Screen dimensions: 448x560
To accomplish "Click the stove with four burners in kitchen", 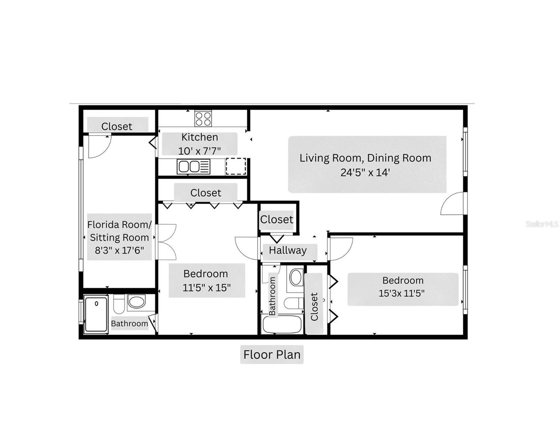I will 203,119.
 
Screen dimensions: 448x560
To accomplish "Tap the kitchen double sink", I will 189,167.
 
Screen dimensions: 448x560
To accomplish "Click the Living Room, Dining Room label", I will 365,158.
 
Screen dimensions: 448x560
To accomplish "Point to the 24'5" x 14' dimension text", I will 365,172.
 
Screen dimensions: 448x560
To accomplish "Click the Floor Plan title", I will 272,354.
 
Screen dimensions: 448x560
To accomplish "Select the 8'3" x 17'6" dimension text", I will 119,250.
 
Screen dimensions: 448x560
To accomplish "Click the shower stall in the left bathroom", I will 96,314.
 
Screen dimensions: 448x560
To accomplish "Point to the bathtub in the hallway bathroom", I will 282,324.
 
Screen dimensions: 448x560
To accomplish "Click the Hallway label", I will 287,250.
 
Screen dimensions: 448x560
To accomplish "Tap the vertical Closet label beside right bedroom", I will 314,306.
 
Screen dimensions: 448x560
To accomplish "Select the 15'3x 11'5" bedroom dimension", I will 402,293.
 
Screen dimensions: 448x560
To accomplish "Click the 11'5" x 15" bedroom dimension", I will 206,287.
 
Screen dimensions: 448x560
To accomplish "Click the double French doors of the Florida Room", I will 166,242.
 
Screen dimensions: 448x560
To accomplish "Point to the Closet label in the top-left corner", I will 116,126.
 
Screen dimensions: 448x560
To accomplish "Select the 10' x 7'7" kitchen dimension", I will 199,151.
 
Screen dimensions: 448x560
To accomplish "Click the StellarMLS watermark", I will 542,224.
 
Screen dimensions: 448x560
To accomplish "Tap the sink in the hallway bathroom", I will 296,277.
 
